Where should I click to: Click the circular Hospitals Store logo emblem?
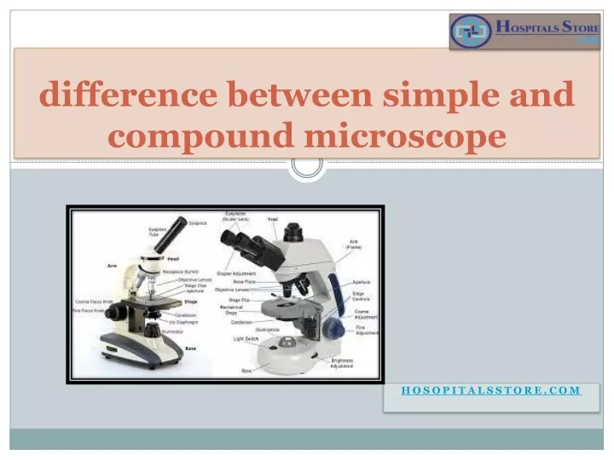tap(472, 32)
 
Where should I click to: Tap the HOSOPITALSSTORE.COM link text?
tap(491, 390)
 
